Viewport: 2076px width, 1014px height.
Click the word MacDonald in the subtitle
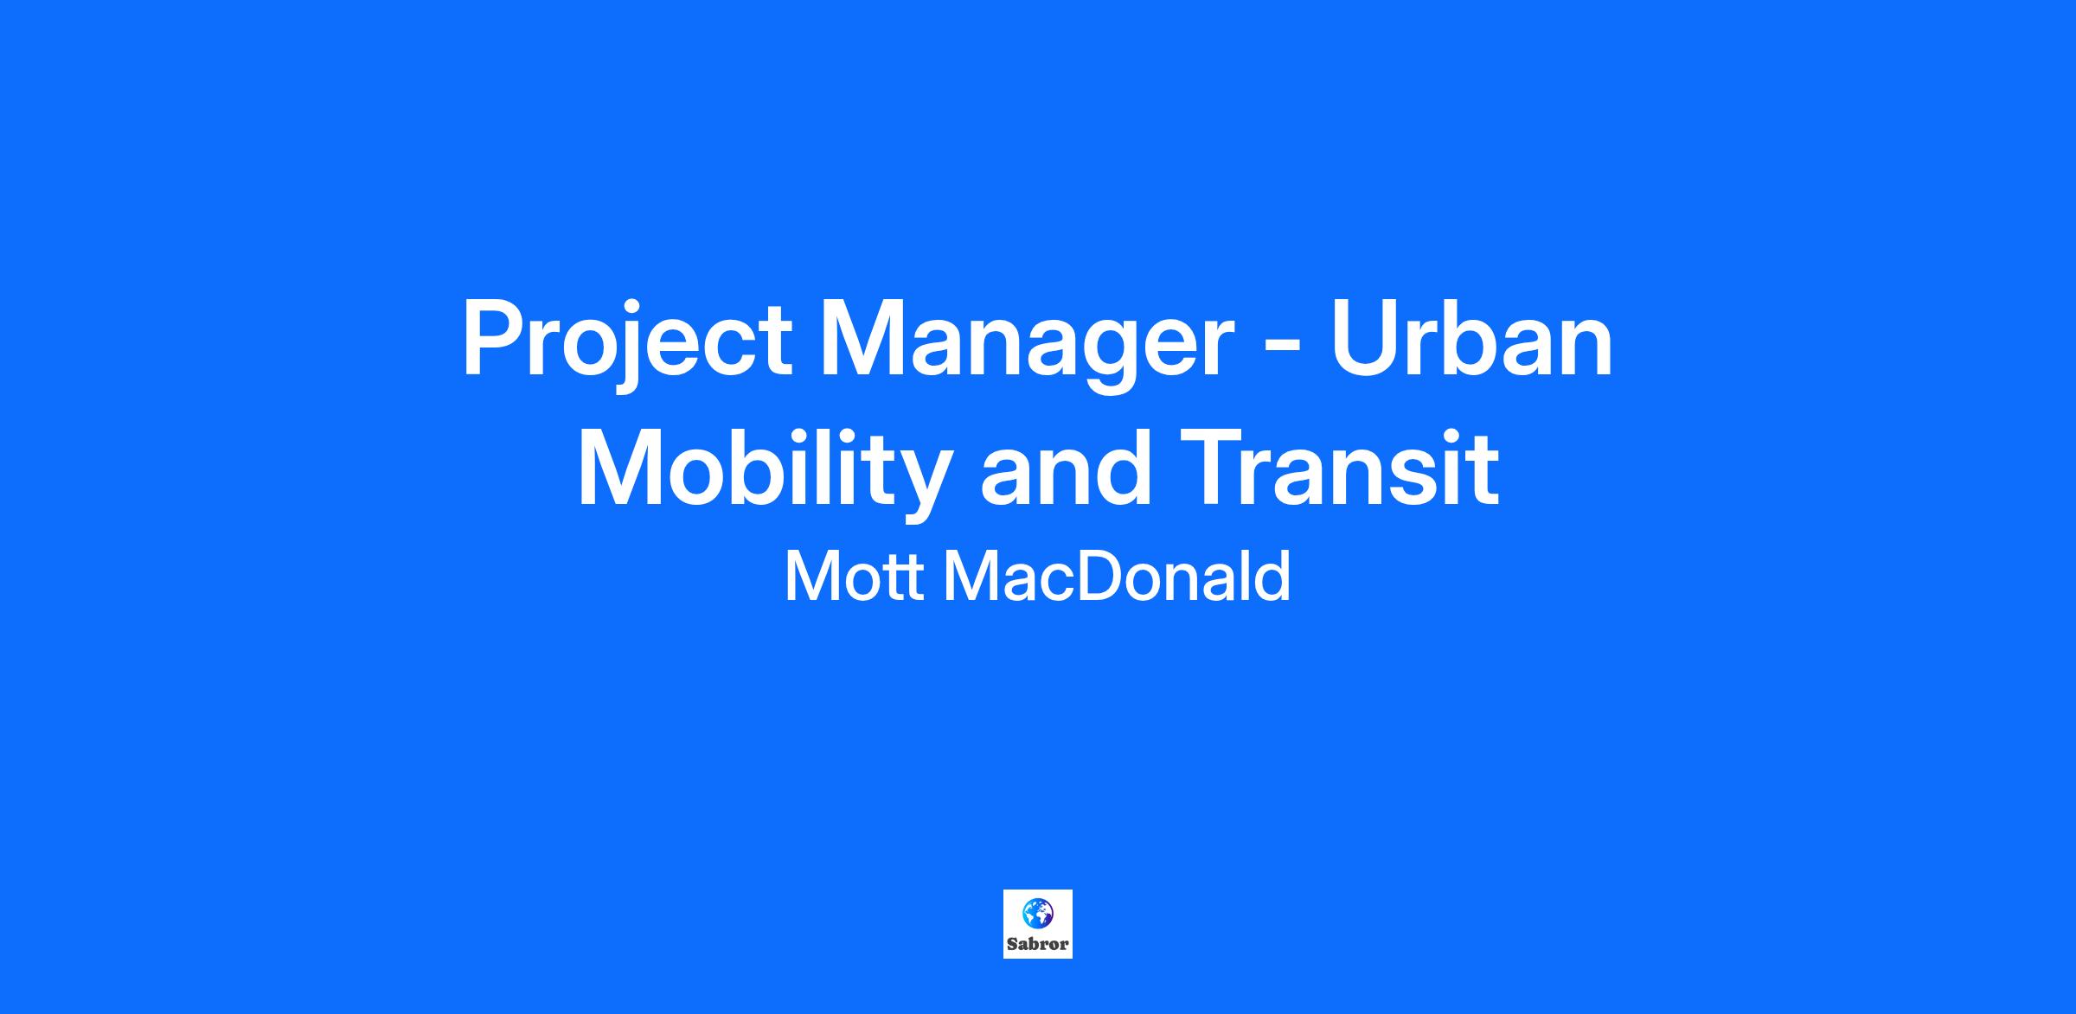pos(1117,577)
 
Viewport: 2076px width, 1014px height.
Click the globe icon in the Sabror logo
pos(1037,912)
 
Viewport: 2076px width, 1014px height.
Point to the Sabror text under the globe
pos(1038,944)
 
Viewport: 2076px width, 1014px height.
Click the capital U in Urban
pos(1365,339)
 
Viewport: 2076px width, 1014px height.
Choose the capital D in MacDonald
pos(1097,577)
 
